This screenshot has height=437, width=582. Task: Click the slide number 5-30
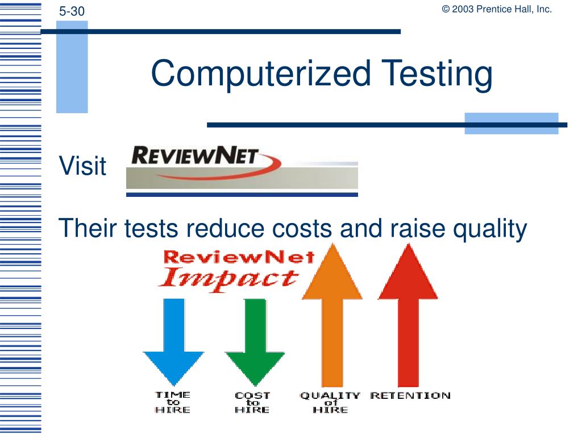(x=72, y=11)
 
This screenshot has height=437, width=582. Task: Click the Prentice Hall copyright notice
(x=497, y=9)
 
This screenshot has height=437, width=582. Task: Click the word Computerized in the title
(x=261, y=73)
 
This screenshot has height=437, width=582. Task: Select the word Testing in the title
(x=437, y=75)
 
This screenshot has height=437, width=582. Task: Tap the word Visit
(x=83, y=166)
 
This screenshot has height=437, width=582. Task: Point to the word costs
(x=302, y=228)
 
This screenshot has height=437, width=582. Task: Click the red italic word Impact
(x=229, y=279)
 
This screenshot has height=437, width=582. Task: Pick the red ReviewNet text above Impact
(x=239, y=257)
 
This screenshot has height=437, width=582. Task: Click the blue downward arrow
(x=174, y=342)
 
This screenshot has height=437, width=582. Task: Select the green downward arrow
(x=255, y=342)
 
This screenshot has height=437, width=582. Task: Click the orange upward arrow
(x=332, y=315)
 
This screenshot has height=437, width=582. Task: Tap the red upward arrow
(x=408, y=315)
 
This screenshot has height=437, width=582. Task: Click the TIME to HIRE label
(x=173, y=402)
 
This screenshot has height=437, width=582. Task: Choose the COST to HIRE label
(x=252, y=402)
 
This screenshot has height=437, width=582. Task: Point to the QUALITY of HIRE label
(x=330, y=402)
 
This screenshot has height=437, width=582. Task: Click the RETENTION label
(x=410, y=395)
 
